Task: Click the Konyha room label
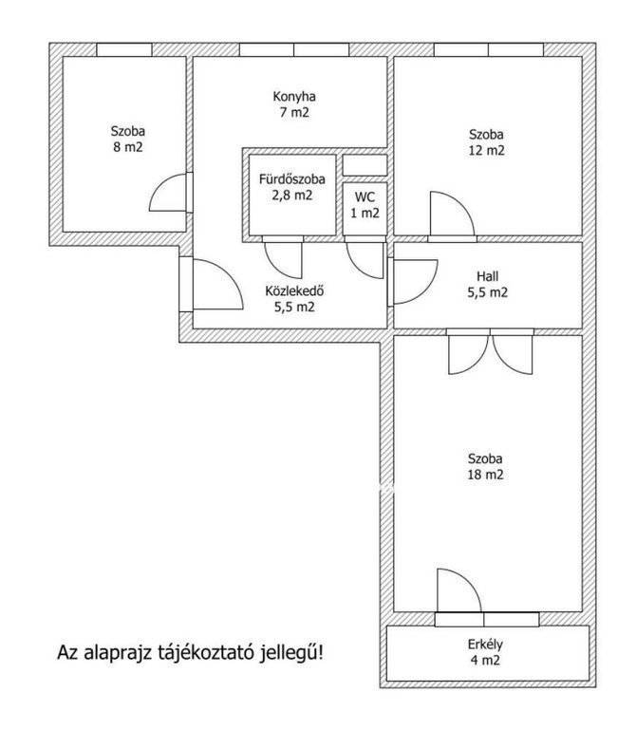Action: click(294, 97)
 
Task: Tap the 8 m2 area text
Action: click(128, 147)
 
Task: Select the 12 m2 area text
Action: click(486, 151)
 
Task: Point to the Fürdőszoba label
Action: click(292, 179)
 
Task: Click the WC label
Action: click(365, 197)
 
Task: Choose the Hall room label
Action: click(487, 276)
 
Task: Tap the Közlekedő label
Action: click(294, 291)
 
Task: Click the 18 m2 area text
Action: click(485, 475)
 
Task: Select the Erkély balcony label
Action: click(485, 645)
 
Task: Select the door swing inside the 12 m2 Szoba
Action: click(460, 205)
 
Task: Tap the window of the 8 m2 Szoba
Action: click(124, 49)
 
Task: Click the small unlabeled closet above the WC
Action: click(365, 165)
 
